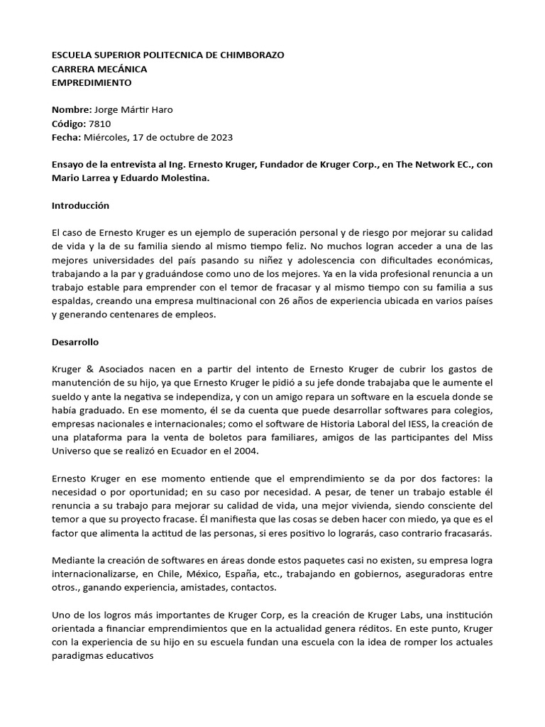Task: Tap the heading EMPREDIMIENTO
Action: (x=92, y=82)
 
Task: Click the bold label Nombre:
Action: (x=72, y=110)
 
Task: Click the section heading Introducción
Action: (x=81, y=205)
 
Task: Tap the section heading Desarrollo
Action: (x=75, y=341)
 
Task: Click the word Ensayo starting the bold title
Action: (x=70, y=165)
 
